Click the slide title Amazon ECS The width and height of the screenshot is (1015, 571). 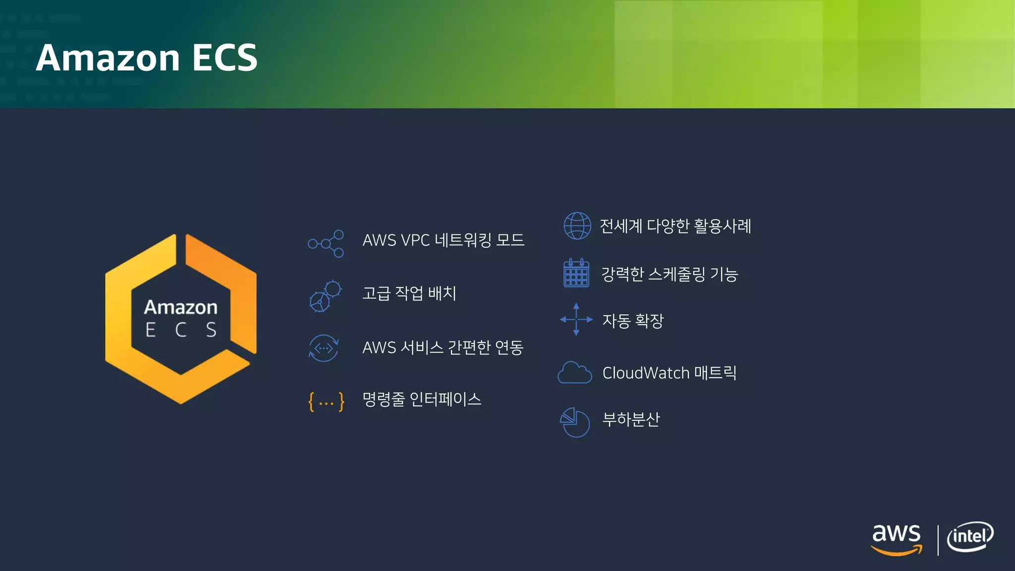click(x=147, y=57)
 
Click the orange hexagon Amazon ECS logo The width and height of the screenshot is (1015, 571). click(x=181, y=319)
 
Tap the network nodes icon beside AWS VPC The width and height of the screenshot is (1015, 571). click(x=326, y=243)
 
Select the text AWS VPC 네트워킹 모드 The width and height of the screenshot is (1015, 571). click(x=443, y=240)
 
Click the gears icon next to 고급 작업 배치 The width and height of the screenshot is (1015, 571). click(x=325, y=296)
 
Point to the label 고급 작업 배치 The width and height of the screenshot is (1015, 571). click(x=409, y=293)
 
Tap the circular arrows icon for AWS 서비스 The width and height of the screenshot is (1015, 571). click(x=324, y=348)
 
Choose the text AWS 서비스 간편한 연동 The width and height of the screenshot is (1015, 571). click(x=443, y=347)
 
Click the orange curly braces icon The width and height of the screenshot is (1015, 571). click(x=326, y=401)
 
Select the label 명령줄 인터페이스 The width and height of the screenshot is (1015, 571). click(x=422, y=400)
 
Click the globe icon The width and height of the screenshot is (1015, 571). click(x=577, y=226)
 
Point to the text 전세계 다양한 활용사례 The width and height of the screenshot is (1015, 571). click(x=676, y=226)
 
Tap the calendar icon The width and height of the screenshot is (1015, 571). click(x=576, y=273)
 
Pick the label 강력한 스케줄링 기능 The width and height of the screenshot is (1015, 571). click(x=670, y=274)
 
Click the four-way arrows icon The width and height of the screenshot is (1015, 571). click(x=576, y=320)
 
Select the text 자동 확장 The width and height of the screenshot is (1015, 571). click(x=632, y=321)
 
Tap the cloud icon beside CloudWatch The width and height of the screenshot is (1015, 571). click(x=575, y=373)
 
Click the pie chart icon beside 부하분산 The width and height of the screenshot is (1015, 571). click(x=575, y=422)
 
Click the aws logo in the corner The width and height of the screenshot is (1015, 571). click(x=896, y=539)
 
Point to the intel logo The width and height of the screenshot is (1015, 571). click(x=970, y=537)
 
